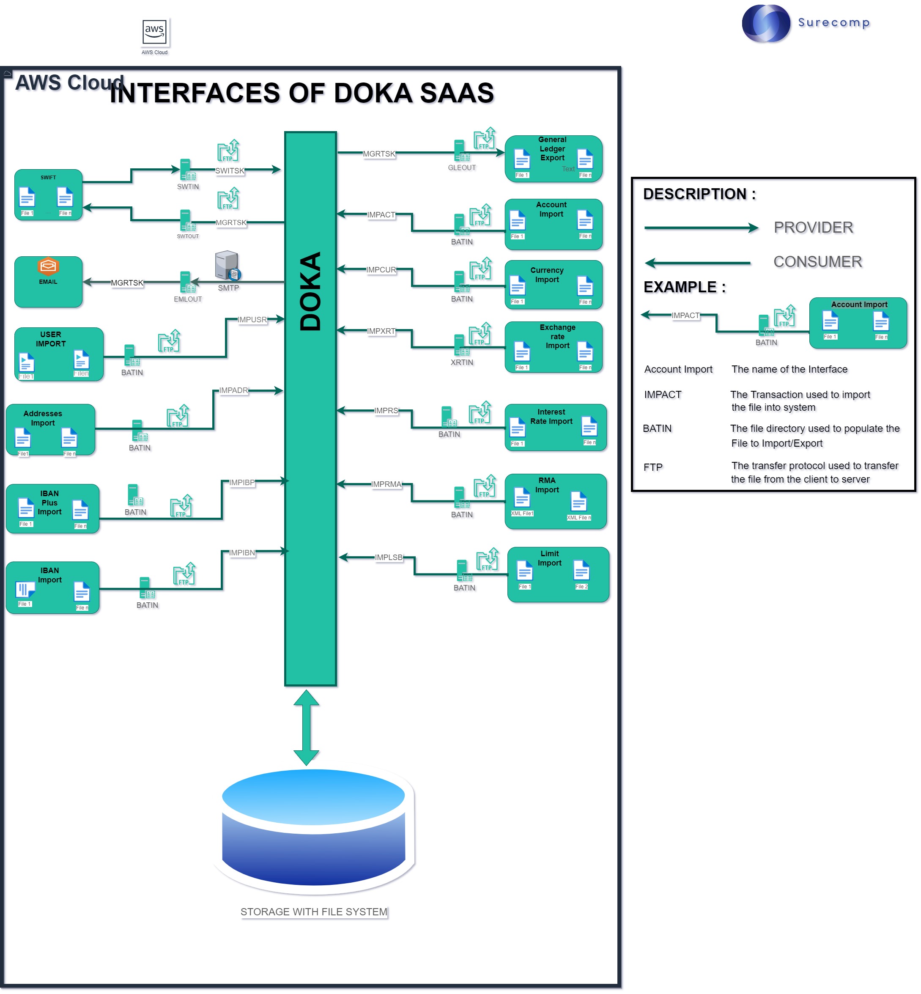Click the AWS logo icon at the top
pyautogui.click(x=154, y=31)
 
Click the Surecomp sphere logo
pyautogui.click(x=765, y=23)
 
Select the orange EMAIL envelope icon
pyautogui.click(x=48, y=266)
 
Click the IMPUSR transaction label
pyautogui.click(x=252, y=319)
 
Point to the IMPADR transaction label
pyautogui.click(x=233, y=390)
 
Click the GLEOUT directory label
pyautogui.click(x=461, y=167)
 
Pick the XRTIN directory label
pyautogui.click(x=461, y=362)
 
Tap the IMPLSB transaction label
pyautogui.click(x=389, y=557)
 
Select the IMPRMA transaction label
pyautogui.click(x=386, y=484)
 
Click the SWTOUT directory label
pyautogui.click(x=188, y=236)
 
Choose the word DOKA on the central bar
pyautogui.click(x=310, y=291)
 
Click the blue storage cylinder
pyautogui.click(x=313, y=827)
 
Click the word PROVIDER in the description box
pyautogui.click(x=813, y=227)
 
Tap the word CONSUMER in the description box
pyautogui.click(x=817, y=262)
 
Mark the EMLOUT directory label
pyautogui.click(x=188, y=299)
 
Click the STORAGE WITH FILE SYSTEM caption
pyautogui.click(x=313, y=912)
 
